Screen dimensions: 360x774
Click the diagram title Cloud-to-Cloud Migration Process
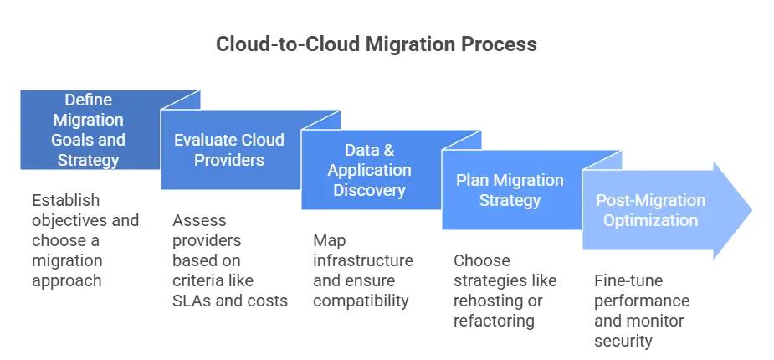coord(376,44)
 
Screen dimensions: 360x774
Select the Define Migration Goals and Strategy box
coord(88,130)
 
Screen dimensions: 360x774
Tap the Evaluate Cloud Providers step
coord(228,149)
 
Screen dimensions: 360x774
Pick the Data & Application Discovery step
coord(369,170)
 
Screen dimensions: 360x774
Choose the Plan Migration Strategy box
coord(510,190)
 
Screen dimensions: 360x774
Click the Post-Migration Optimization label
coord(650,210)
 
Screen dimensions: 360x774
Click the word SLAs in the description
coord(192,301)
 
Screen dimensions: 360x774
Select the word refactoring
coord(495,321)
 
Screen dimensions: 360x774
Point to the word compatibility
coord(361,301)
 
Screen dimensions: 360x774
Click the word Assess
coord(199,220)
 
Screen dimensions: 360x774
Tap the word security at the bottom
coord(623,341)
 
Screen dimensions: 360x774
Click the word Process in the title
coord(500,44)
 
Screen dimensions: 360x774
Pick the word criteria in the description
coord(197,280)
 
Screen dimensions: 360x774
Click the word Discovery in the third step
coord(369,190)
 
